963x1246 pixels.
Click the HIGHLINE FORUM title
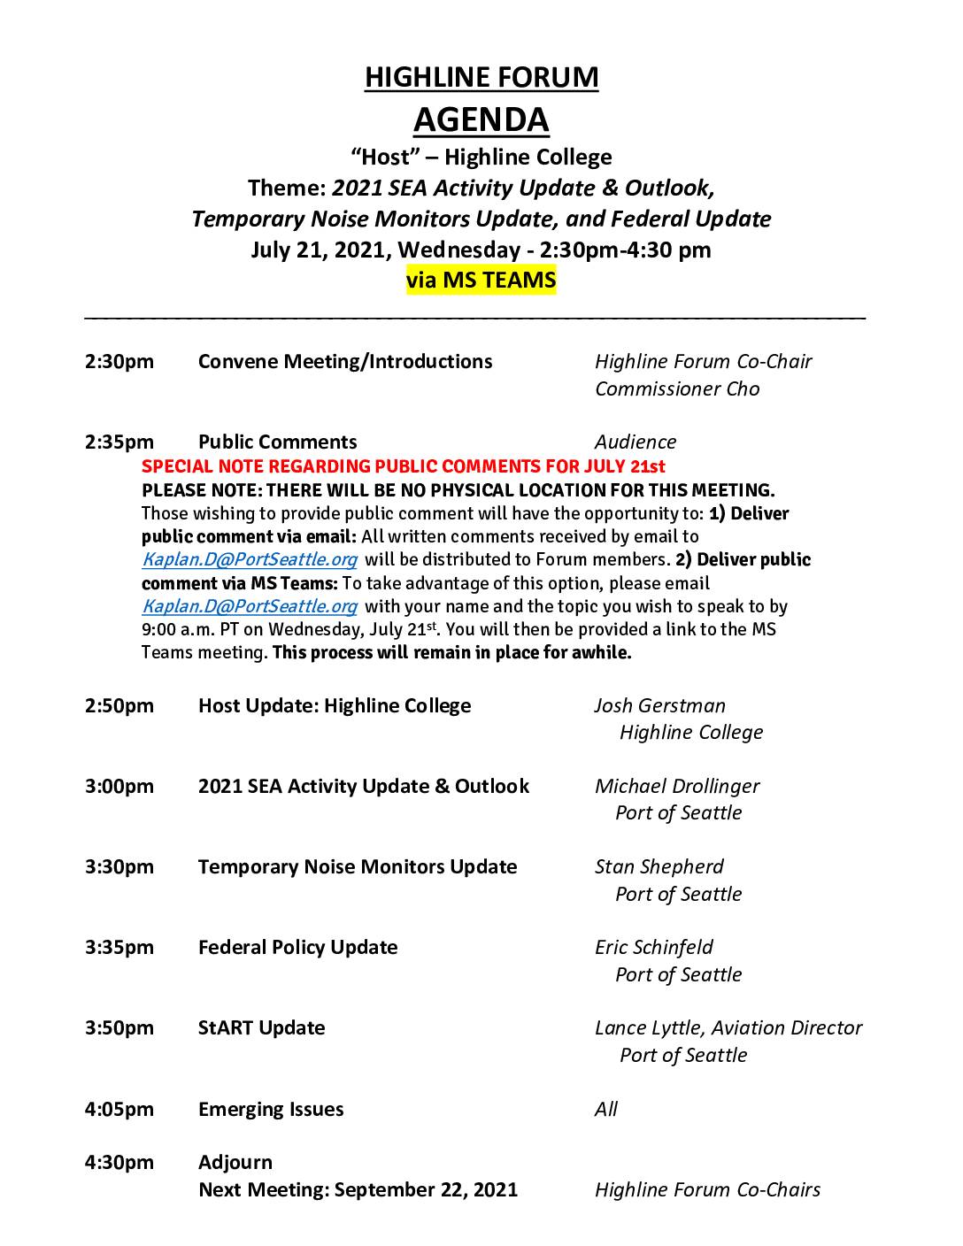pos(481,77)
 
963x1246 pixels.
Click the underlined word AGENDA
pos(481,119)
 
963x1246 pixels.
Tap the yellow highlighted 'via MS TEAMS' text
pos(481,281)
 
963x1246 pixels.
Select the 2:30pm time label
pos(119,361)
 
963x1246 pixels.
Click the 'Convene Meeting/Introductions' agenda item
pos(345,361)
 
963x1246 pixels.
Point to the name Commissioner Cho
pos(677,388)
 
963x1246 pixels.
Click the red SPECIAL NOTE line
pos(404,466)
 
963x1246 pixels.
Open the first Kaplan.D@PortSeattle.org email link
pos(250,559)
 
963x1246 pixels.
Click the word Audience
pos(636,442)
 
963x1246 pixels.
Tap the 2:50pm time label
pos(119,705)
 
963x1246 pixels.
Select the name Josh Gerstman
pos(660,705)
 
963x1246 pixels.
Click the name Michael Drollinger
pos(677,786)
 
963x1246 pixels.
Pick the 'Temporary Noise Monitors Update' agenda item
pos(358,866)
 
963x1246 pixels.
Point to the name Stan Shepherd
pos(659,866)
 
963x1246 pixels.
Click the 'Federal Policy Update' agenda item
pos(298,947)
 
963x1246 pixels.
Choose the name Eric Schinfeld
pos(654,947)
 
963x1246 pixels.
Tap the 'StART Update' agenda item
pos(262,1027)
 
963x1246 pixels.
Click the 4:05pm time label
pos(119,1109)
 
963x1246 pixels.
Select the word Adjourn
pos(235,1162)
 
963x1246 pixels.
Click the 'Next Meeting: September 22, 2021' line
pos(358,1189)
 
